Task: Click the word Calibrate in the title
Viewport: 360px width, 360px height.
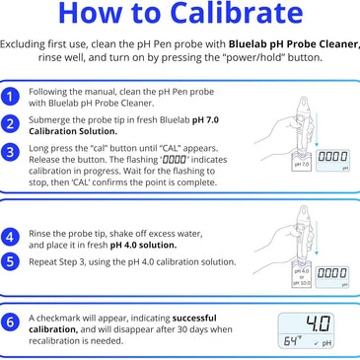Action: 237,13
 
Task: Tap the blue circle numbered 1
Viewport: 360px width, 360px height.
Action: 10,97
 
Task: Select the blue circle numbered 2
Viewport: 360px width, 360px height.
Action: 10,124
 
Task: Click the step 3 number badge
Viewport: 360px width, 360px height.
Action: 10,153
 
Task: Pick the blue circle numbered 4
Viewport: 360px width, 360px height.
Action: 10,238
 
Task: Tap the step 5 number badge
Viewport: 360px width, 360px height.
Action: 10,262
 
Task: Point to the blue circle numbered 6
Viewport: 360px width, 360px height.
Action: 10,323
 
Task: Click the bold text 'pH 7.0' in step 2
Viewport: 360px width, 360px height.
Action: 205,120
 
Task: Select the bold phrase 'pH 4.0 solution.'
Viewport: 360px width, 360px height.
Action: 143,245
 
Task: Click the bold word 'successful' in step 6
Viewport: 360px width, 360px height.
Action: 194,319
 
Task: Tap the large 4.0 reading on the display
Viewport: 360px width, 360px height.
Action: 318,324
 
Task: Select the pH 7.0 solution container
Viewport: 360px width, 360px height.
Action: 302,162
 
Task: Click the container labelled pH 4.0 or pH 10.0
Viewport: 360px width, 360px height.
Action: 302,275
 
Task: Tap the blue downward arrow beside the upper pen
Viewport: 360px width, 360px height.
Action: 317,129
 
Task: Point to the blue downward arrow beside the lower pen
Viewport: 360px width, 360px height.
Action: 317,238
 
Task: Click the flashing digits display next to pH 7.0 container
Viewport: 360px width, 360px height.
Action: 332,161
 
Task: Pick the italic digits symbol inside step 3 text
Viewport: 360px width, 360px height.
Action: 175,160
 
